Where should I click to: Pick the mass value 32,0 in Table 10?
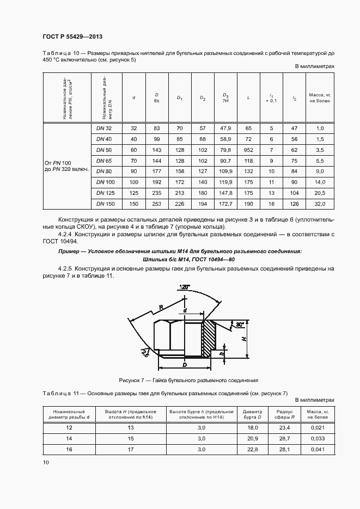[320, 204]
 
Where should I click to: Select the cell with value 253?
[157, 204]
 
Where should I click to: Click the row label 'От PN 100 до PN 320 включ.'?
[65, 166]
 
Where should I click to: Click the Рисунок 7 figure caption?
[188, 380]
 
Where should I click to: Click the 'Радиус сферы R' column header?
[284, 414]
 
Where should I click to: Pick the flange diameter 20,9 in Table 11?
[252, 438]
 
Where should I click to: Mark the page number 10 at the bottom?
[46, 462]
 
